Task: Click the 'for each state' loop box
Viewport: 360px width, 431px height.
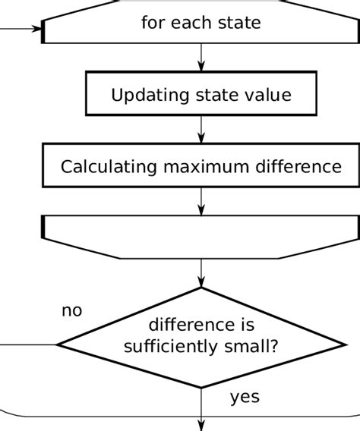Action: click(201, 23)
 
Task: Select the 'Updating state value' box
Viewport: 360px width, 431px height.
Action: click(201, 96)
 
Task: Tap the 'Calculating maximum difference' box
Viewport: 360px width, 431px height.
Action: click(201, 166)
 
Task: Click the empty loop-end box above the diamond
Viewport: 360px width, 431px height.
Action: click(201, 236)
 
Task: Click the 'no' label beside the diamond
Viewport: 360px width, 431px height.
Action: click(71, 311)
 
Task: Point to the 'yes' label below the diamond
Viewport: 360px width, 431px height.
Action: click(245, 397)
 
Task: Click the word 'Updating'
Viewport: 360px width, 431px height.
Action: click(144, 96)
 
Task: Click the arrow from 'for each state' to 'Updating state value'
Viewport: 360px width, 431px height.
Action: click(201, 57)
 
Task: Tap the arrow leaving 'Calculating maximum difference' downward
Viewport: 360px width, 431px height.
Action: click(201, 201)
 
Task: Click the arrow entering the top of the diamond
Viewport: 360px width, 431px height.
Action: click(201, 273)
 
